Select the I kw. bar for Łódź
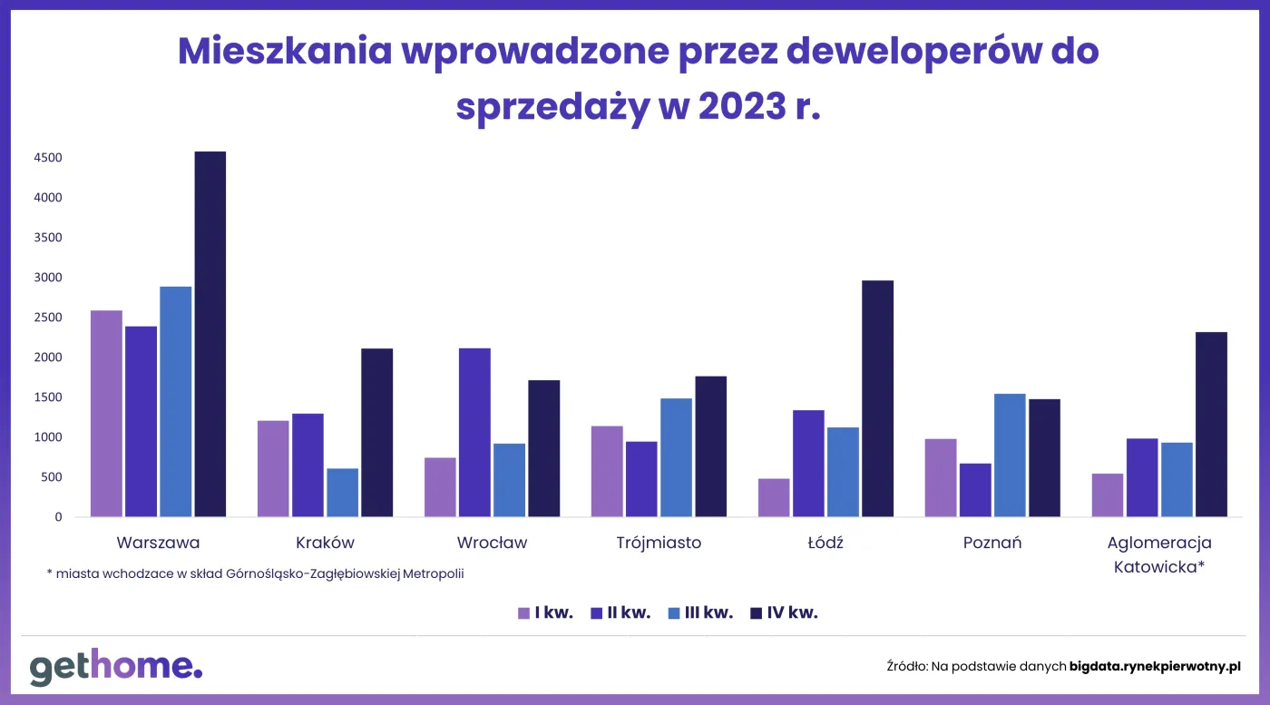point(774,497)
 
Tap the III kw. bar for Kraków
point(343,493)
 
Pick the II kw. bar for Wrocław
point(474,433)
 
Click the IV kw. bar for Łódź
point(877,398)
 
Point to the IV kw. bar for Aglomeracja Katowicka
point(1211,425)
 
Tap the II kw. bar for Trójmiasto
point(641,479)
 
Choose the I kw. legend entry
point(545,612)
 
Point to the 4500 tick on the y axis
point(48,158)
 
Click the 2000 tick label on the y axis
point(48,357)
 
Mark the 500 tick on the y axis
point(52,477)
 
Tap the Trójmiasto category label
point(659,543)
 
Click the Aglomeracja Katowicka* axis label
point(1159,554)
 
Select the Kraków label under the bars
point(325,543)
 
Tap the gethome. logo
point(115,667)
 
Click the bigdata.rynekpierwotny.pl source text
point(1154,666)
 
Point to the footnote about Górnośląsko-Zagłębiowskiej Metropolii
point(255,573)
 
